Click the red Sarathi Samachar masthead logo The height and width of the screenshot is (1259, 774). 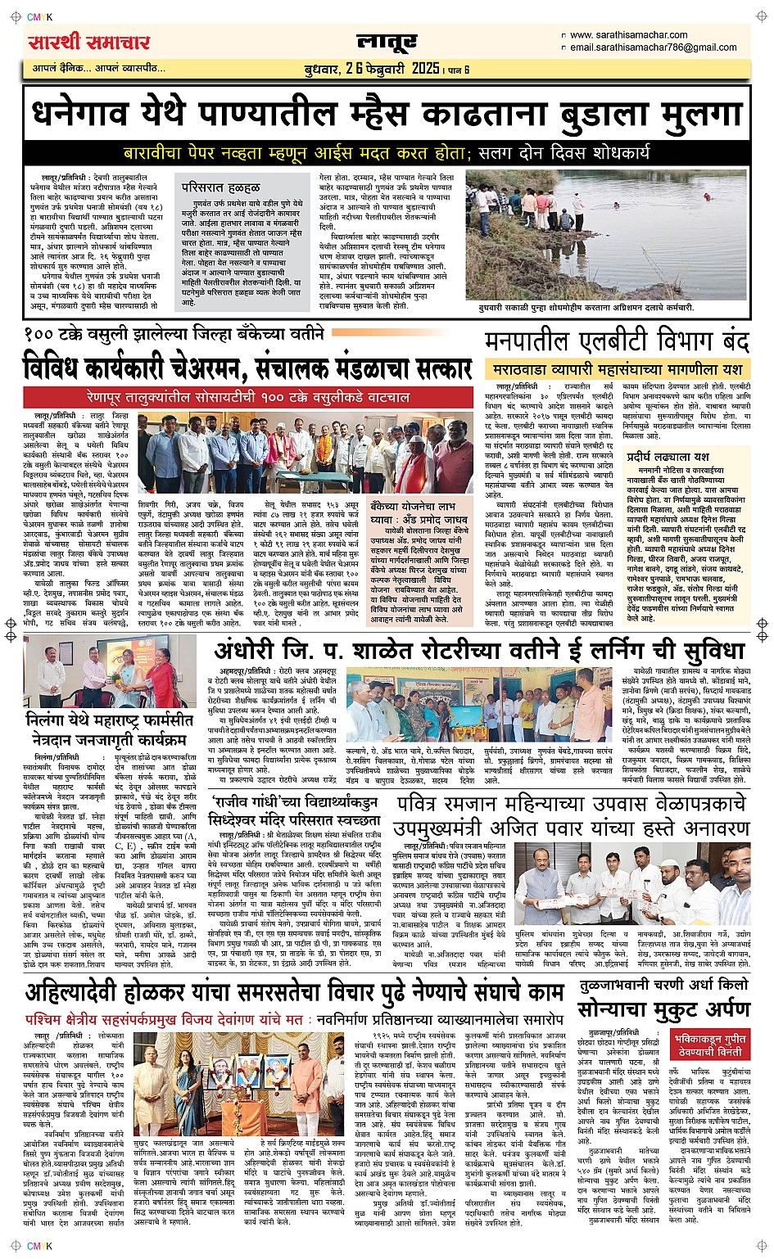click(x=89, y=42)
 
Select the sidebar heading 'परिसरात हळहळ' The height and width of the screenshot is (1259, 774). click(x=222, y=188)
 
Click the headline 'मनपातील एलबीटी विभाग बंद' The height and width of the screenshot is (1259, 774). click(x=616, y=341)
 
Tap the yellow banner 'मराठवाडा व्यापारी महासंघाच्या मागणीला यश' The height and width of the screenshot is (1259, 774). click(x=616, y=370)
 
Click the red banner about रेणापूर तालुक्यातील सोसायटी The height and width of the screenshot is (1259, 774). click(x=248, y=397)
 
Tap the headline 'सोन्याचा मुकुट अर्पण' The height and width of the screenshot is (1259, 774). click(x=663, y=1009)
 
